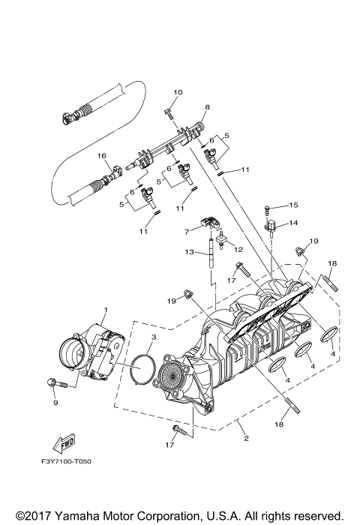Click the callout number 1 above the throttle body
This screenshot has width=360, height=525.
[106, 310]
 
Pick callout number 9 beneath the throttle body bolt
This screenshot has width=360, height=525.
[55, 403]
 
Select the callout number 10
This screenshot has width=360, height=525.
[178, 93]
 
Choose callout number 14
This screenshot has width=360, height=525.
[293, 223]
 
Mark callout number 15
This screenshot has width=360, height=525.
[293, 205]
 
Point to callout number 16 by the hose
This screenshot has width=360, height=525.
[103, 156]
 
